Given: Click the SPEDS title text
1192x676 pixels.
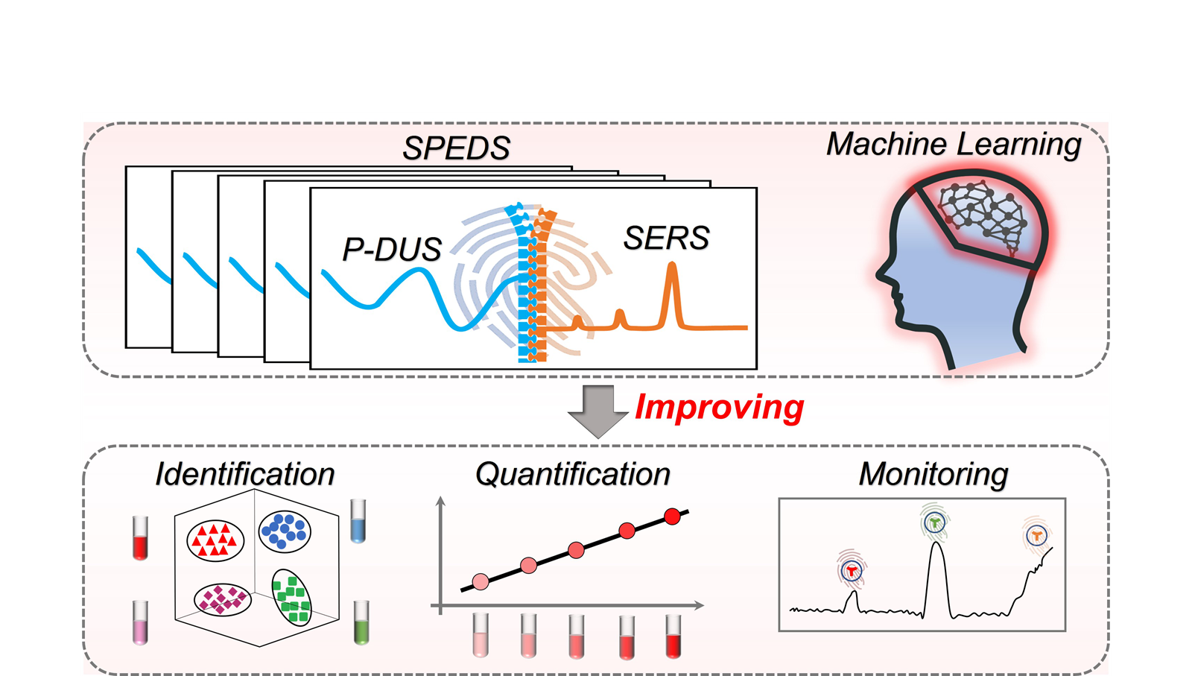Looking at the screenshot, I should click(x=456, y=148).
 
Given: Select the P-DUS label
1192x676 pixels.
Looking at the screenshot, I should click(x=392, y=249).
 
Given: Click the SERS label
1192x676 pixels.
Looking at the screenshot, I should click(x=666, y=239).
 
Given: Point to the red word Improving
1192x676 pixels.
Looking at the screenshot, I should click(x=719, y=407).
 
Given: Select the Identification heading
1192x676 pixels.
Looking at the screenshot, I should click(x=244, y=474).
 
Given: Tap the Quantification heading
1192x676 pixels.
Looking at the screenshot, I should click(x=572, y=474).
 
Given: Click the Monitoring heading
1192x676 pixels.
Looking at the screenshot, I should click(x=933, y=474).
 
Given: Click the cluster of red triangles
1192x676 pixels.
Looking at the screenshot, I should click(x=215, y=540).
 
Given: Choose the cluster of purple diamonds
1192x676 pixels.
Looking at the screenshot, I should click(x=221, y=598).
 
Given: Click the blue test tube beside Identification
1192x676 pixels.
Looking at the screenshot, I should click(x=358, y=521).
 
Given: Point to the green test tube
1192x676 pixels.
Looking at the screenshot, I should click(x=361, y=622).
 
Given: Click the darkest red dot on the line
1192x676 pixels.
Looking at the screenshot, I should click(x=672, y=517).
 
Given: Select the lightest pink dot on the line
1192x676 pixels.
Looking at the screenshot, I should click(x=481, y=581).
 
